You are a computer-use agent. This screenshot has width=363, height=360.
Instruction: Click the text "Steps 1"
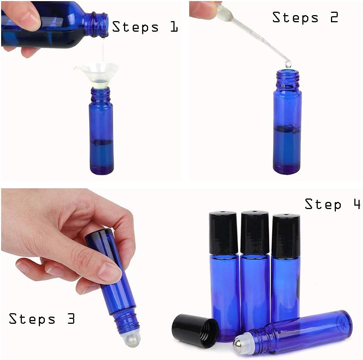(x=145, y=27)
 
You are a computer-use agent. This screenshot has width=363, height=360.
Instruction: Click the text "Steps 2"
(x=305, y=18)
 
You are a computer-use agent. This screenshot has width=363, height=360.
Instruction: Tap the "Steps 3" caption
(x=42, y=319)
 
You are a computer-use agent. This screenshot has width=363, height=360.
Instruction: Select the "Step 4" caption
(x=332, y=204)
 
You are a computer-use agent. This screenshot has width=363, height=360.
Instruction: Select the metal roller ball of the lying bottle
(x=238, y=345)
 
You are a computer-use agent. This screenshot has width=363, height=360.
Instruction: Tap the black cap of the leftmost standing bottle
(x=223, y=233)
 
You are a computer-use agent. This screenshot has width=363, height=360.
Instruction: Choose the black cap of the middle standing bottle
(x=254, y=232)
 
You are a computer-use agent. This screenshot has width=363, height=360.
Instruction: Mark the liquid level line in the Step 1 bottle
(x=101, y=143)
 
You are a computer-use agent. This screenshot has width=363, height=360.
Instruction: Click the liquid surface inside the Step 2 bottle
(x=287, y=128)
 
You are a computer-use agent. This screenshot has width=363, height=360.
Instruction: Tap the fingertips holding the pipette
(x=205, y=9)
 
